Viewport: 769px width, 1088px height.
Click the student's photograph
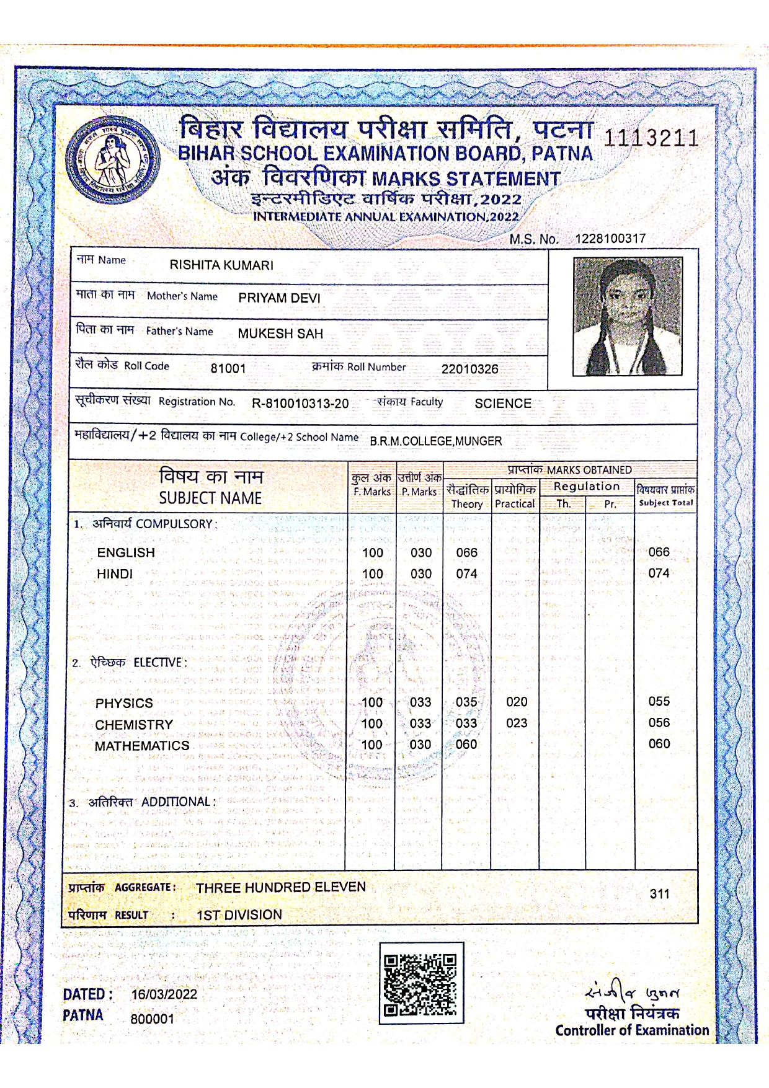(x=628, y=316)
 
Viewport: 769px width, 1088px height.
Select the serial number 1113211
(x=651, y=138)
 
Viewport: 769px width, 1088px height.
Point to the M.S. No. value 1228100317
(x=610, y=239)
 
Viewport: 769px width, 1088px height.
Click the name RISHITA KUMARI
(x=221, y=265)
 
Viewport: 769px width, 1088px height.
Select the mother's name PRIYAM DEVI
(x=279, y=298)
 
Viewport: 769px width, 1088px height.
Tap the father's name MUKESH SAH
(x=280, y=334)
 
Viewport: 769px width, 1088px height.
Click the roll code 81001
(x=228, y=368)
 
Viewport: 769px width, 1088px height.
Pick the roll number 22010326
(x=469, y=369)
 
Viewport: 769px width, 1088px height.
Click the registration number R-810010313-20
(x=300, y=404)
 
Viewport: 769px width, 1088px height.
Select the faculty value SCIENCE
(x=503, y=404)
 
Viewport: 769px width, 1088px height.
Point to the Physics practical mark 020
(x=517, y=702)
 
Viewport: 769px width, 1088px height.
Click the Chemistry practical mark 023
(x=517, y=723)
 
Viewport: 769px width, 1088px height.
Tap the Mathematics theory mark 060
(x=466, y=745)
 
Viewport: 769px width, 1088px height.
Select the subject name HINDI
(x=115, y=574)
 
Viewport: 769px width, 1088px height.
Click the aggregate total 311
(x=659, y=893)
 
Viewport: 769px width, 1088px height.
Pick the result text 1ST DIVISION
(x=239, y=915)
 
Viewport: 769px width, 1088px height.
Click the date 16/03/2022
(x=164, y=994)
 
